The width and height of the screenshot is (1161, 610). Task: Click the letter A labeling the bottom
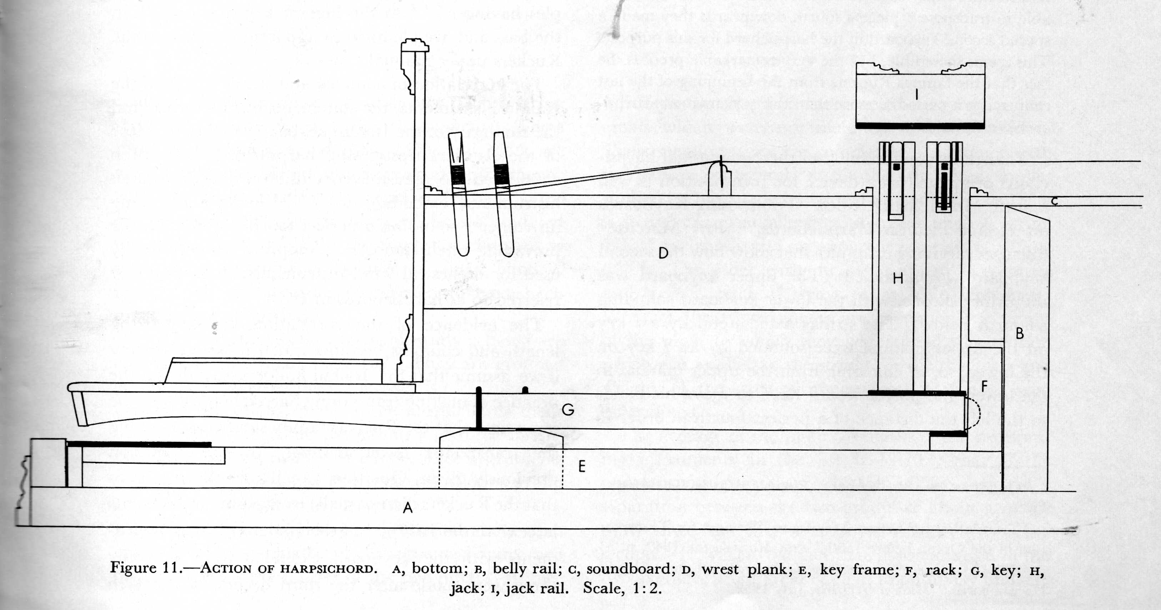click(x=407, y=508)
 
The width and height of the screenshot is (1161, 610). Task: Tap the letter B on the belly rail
click(x=1020, y=334)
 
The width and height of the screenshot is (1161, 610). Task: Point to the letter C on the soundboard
click(x=1054, y=201)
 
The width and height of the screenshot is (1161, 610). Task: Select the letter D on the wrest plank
click(x=663, y=253)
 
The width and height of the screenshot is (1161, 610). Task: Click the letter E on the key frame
click(x=582, y=467)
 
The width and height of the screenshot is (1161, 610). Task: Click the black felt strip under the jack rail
click(x=919, y=126)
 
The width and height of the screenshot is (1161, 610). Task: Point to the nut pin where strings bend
click(x=721, y=172)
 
